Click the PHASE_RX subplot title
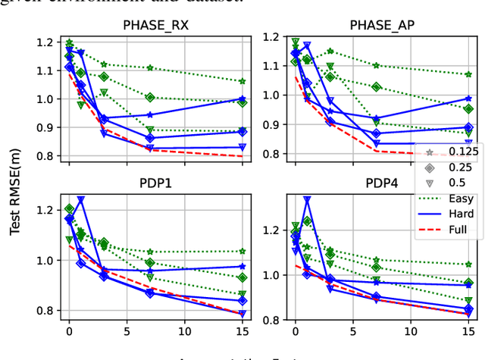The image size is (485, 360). (x=155, y=24)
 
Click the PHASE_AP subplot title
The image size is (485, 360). (x=377, y=24)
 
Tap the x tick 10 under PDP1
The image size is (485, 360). (x=184, y=331)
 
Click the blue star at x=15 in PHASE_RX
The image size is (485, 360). (x=242, y=99)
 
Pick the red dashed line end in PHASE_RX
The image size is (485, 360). (x=242, y=156)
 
